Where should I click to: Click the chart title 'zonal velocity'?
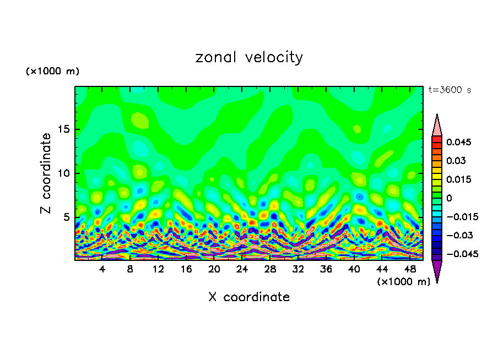point(249,57)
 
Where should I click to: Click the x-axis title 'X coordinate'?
point(249,297)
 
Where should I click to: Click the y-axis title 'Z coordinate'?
point(46,173)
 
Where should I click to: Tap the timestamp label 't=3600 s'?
point(450,90)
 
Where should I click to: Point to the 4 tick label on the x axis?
point(102,269)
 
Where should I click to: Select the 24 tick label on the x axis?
point(242,269)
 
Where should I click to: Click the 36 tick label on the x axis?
point(326,269)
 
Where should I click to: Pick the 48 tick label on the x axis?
point(409,269)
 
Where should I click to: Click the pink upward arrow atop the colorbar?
point(437,126)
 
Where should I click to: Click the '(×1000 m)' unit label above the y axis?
point(52,72)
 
